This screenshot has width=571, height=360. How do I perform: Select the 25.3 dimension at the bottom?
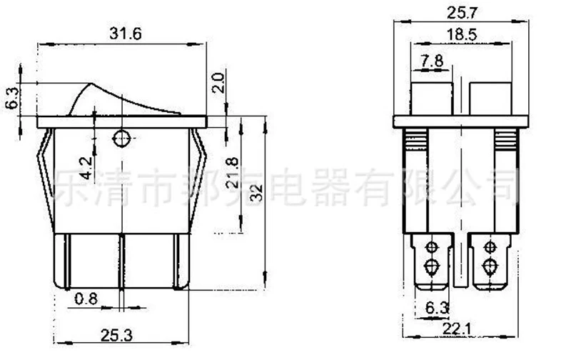(x=116, y=335)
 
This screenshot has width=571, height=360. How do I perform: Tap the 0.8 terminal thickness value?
(x=86, y=299)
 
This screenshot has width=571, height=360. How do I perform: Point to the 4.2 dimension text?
(x=86, y=168)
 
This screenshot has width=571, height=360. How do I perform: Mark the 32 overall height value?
(x=256, y=193)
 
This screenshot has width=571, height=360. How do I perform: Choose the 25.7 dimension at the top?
(x=462, y=13)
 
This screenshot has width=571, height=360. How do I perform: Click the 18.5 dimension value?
(x=462, y=34)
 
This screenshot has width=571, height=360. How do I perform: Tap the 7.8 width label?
(x=432, y=60)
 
